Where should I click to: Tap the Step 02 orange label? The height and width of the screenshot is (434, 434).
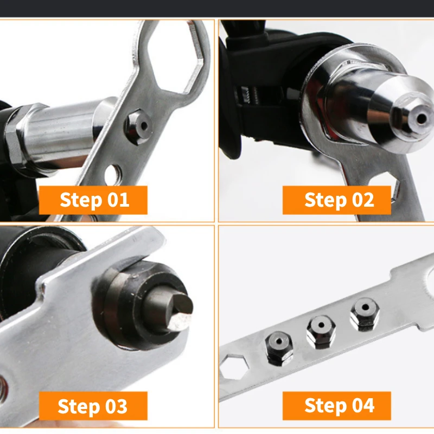pos(339,200)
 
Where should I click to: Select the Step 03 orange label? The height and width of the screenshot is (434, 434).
pos(93,406)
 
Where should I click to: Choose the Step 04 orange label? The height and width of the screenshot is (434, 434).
pos(339,405)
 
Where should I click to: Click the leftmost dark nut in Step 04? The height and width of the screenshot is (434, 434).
pos(279,347)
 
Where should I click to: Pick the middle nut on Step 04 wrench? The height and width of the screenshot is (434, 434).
pos(321,331)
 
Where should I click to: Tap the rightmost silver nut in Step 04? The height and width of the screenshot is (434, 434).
pos(363,315)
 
